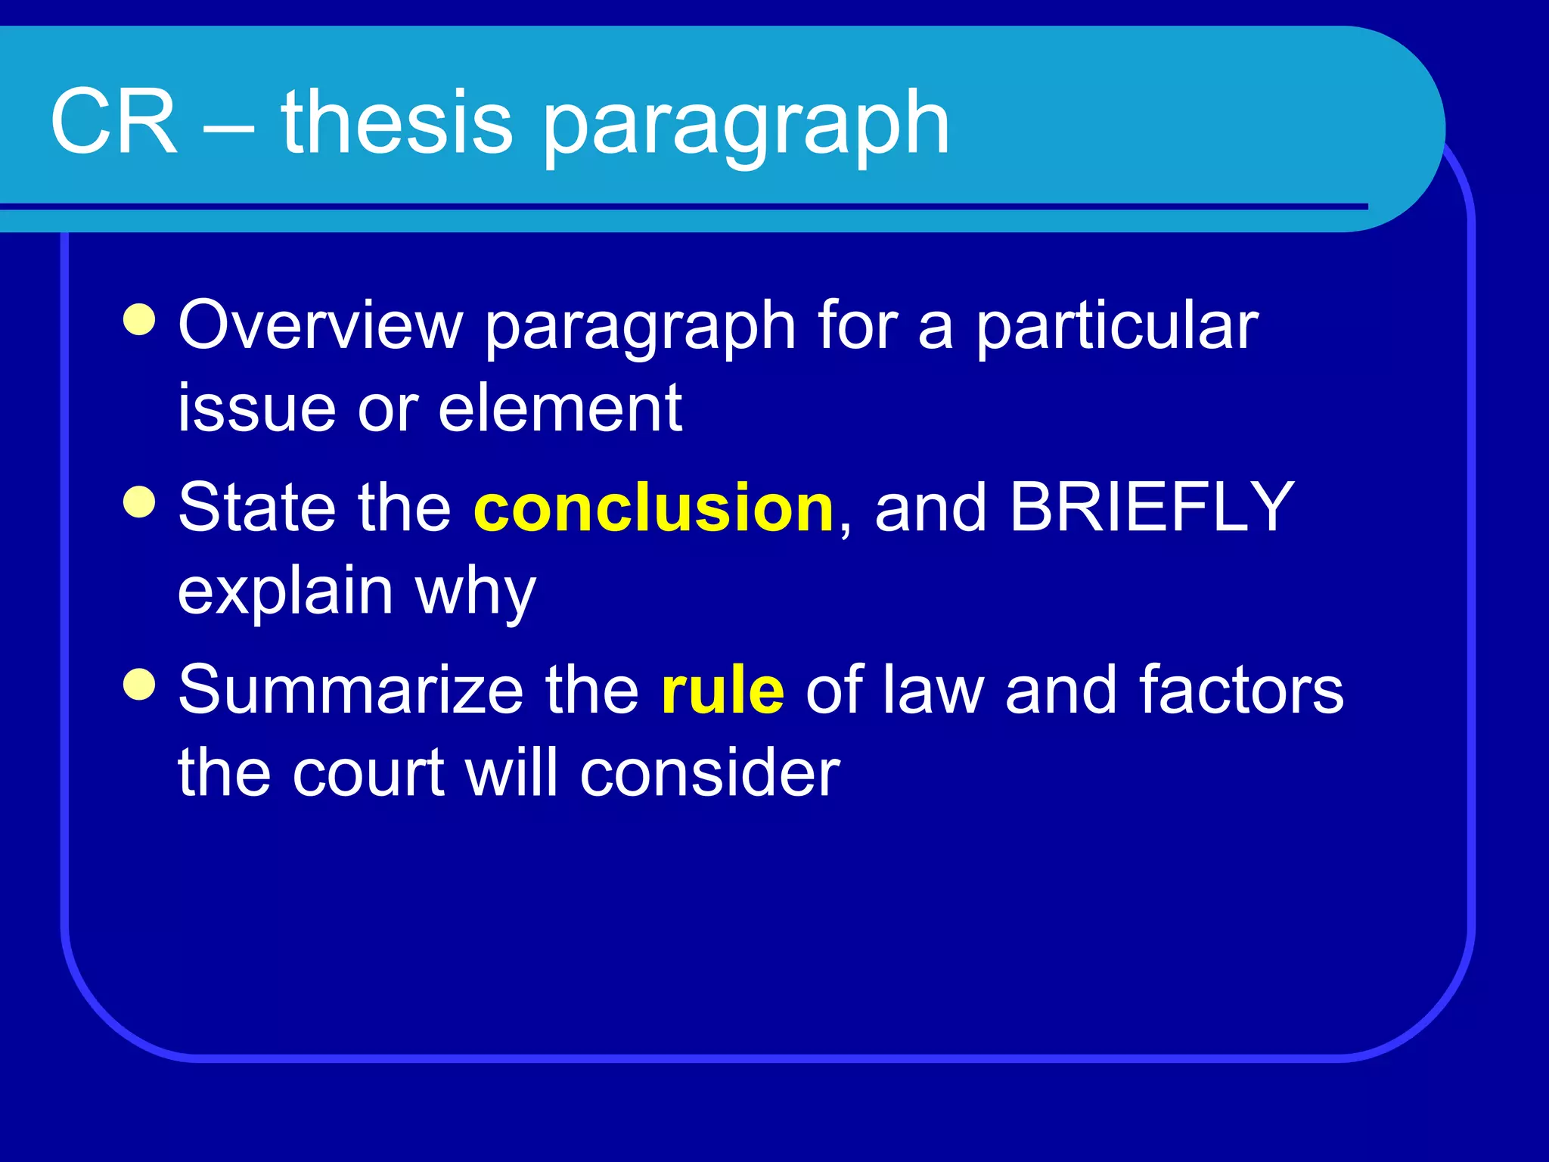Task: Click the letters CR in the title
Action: (x=113, y=121)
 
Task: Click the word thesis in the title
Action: (x=397, y=121)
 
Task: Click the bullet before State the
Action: (x=139, y=501)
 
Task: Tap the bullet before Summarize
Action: (x=139, y=684)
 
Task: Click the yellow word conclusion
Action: (x=653, y=508)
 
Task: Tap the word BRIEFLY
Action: (x=1151, y=508)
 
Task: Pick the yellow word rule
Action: (x=722, y=690)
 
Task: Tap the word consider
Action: (x=709, y=773)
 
